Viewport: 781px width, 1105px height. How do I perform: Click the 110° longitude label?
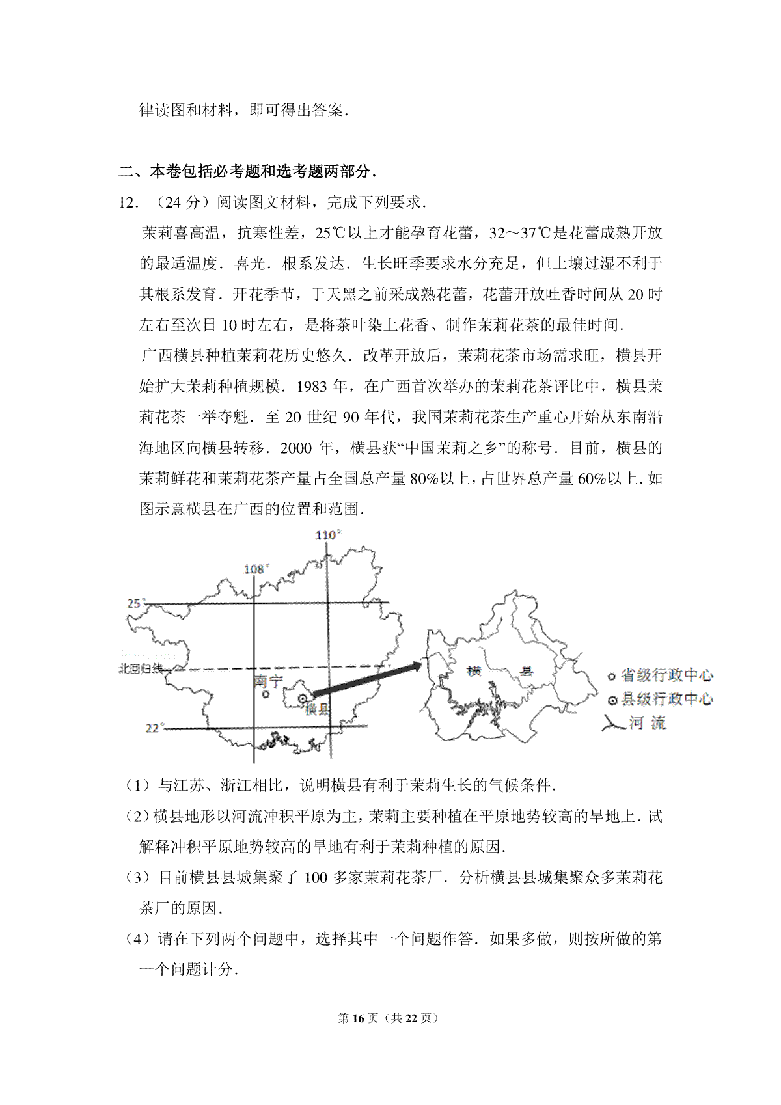[328, 535]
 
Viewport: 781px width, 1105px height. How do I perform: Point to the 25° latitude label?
[135, 603]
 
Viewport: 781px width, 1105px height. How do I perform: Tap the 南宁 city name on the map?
[268, 681]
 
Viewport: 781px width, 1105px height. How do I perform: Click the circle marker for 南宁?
[266, 694]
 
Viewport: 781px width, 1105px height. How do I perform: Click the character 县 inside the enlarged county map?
[525, 671]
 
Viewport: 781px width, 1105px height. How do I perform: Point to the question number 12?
[128, 203]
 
